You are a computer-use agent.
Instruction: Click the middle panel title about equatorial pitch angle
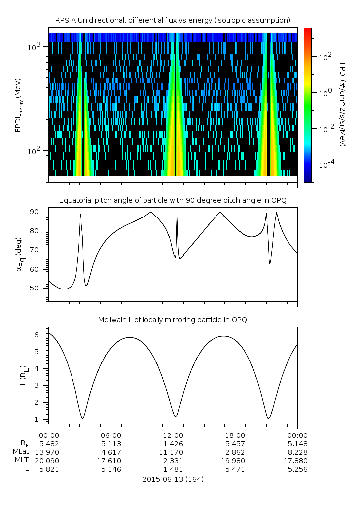[x=173, y=200]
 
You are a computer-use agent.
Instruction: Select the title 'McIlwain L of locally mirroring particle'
[x=173, y=320]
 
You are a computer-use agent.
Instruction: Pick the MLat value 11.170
[x=173, y=452]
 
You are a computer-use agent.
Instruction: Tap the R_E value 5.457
[x=235, y=443]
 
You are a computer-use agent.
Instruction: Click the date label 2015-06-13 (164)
[x=173, y=479]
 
